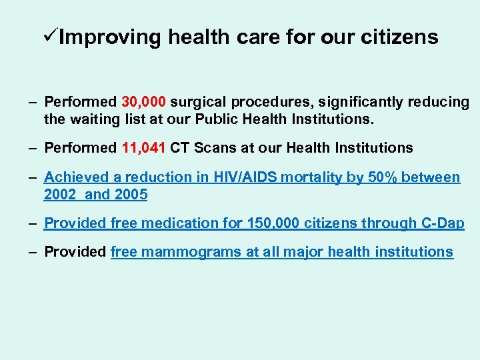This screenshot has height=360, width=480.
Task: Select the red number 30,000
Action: [144, 103]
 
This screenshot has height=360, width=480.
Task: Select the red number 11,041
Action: [144, 148]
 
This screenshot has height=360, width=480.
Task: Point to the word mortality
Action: [311, 177]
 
